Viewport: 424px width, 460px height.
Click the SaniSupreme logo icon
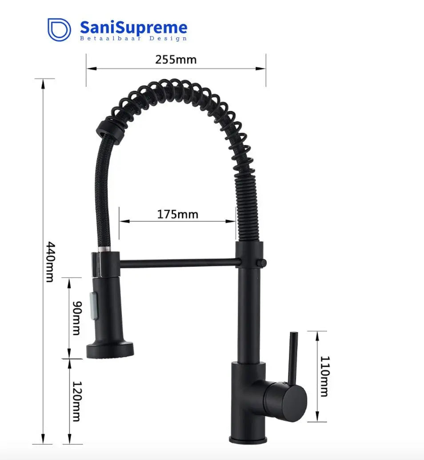tap(59, 29)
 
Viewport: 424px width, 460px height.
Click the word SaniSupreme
tap(133, 28)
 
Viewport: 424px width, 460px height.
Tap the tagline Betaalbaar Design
tap(133, 39)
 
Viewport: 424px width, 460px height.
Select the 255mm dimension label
tap(176, 60)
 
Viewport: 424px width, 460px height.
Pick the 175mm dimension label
tap(177, 214)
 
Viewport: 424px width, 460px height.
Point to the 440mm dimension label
tap(50, 262)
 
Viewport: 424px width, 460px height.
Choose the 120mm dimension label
tap(76, 401)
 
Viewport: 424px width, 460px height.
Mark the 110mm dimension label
tap(324, 376)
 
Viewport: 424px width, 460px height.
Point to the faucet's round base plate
tap(248, 440)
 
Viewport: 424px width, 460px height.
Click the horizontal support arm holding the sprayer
tap(178, 264)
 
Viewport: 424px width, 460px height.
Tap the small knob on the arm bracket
tap(264, 263)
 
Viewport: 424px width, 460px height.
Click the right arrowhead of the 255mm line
tap(262, 68)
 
